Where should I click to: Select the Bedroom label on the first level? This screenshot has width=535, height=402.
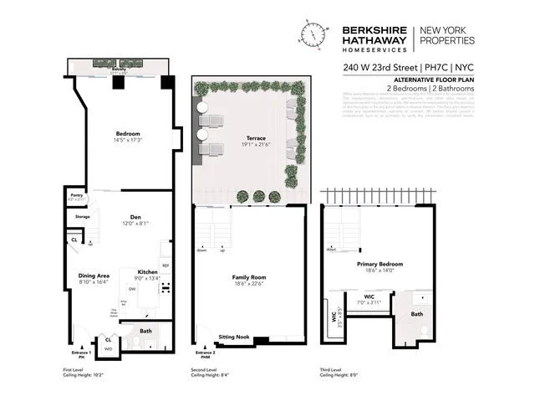[x=127, y=133]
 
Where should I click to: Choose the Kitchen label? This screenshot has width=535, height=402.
[x=147, y=273]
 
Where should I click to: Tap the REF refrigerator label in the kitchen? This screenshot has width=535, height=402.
[x=166, y=265]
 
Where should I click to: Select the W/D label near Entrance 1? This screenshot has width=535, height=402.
[x=108, y=348]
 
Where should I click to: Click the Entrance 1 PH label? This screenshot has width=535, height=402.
[x=78, y=354]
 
